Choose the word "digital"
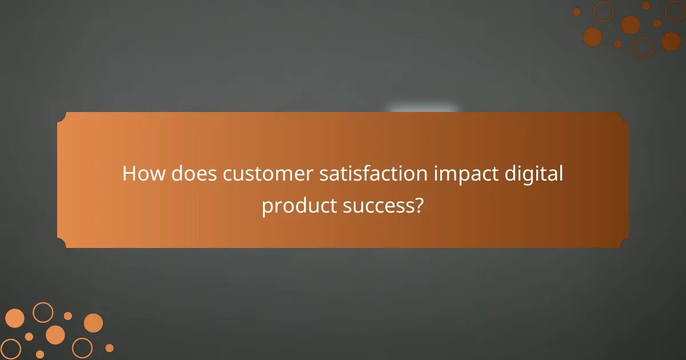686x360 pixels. [535, 174]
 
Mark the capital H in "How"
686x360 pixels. [129, 174]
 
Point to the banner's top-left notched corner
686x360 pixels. [62, 117]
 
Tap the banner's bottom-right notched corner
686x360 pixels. [624, 243]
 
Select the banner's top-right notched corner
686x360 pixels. [624, 117]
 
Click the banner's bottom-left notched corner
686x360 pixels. [62, 243]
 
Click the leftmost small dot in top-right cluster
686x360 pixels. [576, 11]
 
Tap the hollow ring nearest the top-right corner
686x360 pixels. [675, 10]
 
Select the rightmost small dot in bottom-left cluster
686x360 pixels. [109, 347]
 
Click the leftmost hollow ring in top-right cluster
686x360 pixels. [603, 11]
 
